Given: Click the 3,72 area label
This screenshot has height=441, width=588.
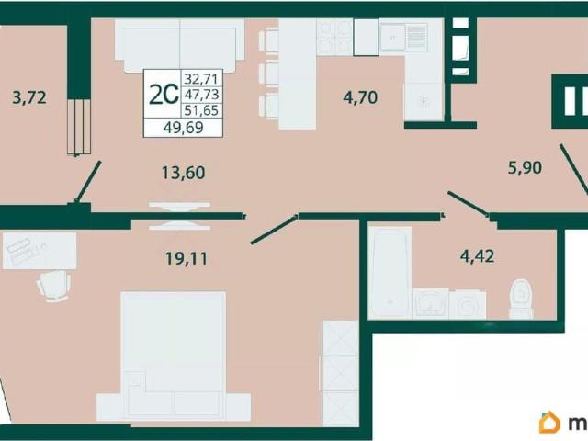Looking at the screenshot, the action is [x=29, y=97].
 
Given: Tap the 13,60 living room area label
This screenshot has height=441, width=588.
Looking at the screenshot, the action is [x=184, y=173].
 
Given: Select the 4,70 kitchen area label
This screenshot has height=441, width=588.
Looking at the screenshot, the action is [x=360, y=97].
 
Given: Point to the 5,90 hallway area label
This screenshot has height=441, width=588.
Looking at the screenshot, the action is [x=525, y=167].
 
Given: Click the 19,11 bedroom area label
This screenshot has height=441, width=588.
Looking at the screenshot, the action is [x=187, y=258].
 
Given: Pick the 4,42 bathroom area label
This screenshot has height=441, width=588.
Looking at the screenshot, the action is [x=477, y=255].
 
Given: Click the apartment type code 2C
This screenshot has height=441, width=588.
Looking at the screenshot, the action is [x=164, y=94].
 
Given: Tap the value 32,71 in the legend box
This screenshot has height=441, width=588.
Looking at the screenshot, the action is [x=201, y=79].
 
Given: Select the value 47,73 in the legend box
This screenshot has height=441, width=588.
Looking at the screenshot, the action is [x=201, y=94].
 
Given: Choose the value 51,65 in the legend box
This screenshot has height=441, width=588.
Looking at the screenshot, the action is [x=201, y=110].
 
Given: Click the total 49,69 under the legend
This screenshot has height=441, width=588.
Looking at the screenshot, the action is [x=184, y=128].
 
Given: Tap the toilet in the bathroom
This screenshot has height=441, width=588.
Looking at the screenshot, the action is [x=521, y=299].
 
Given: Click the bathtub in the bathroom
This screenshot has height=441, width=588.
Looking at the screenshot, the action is [x=390, y=272].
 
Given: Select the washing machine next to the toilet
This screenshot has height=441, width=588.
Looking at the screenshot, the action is [x=468, y=304].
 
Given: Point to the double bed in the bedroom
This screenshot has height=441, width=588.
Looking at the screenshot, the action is [x=174, y=356].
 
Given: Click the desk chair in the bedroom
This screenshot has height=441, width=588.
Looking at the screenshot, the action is [x=53, y=285].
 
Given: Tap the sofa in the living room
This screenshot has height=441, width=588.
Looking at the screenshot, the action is [x=180, y=45].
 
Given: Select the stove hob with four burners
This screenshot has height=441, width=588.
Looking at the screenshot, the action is [x=334, y=37].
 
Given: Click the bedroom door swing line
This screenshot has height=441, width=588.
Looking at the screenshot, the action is [x=274, y=230].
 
